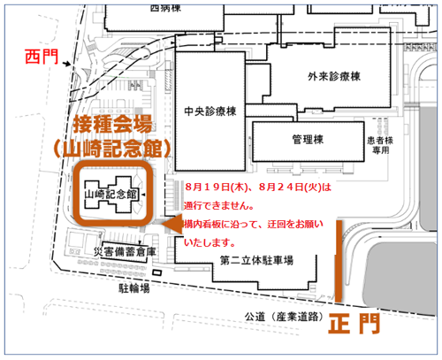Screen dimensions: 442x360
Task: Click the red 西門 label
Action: [42, 57]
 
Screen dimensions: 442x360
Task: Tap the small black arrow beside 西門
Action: [66, 64]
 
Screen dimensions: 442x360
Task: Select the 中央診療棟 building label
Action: [210, 111]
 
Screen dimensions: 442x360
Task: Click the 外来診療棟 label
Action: [334, 77]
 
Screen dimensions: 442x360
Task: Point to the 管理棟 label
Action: [308, 139]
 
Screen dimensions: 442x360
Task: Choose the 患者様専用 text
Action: [380, 145]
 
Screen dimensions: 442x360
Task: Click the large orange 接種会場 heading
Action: [112, 124]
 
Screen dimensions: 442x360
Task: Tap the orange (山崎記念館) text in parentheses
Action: [112, 149]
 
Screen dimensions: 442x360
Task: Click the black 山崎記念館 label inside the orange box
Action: [111, 195]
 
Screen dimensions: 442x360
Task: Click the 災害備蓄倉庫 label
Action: [125, 252]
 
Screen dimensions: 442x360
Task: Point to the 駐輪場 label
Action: [134, 288]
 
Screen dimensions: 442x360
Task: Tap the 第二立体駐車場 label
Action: [256, 261]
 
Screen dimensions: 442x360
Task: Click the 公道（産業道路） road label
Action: [284, 317]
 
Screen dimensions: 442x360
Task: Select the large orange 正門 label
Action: [354, 324]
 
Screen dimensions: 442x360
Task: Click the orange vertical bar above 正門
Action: [339, 261]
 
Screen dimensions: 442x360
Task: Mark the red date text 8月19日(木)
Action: [217, 188]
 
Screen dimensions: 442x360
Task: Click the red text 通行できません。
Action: [219, 205]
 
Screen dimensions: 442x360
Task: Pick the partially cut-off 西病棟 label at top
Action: [165, 8]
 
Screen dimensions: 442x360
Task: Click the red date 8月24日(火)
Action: [290, 188]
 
